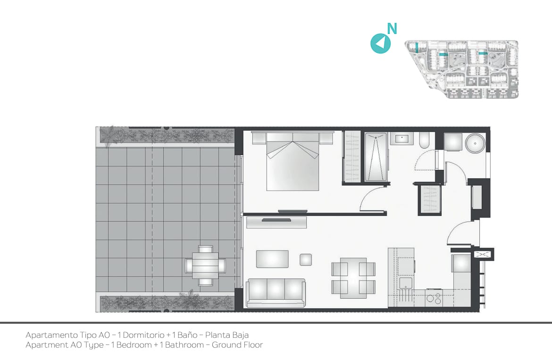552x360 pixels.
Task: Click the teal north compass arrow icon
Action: [x=381, y=43]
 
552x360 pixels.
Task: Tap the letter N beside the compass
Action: [x=392, y=28]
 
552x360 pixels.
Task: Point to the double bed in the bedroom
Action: [x=293, y=161]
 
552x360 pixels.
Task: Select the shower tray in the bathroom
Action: [x=376, y=157]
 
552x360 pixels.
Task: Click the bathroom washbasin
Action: [x=401, y=139]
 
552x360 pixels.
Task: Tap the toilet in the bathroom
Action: [x=425, y=141]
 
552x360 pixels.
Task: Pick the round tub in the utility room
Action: [x=475, y=143]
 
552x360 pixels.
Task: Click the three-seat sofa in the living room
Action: [x=276, y=293]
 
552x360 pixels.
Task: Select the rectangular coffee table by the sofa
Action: [x=273, y=259]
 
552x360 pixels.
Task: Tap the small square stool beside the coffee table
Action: [x=306, y=260]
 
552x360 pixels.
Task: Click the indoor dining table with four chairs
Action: [x=353, y=278]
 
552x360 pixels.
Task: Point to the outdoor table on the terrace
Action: [x=206, y=265]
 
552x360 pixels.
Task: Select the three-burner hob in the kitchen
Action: [x=434, y=298]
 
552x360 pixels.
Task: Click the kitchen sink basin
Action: [x=406, y=283]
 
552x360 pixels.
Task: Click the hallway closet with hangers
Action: [x=430, y=199]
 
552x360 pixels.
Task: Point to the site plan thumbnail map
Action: [x=461, y=69]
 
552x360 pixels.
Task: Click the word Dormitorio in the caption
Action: [x=143, y=335]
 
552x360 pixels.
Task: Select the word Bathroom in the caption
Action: [x=184, y=345]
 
